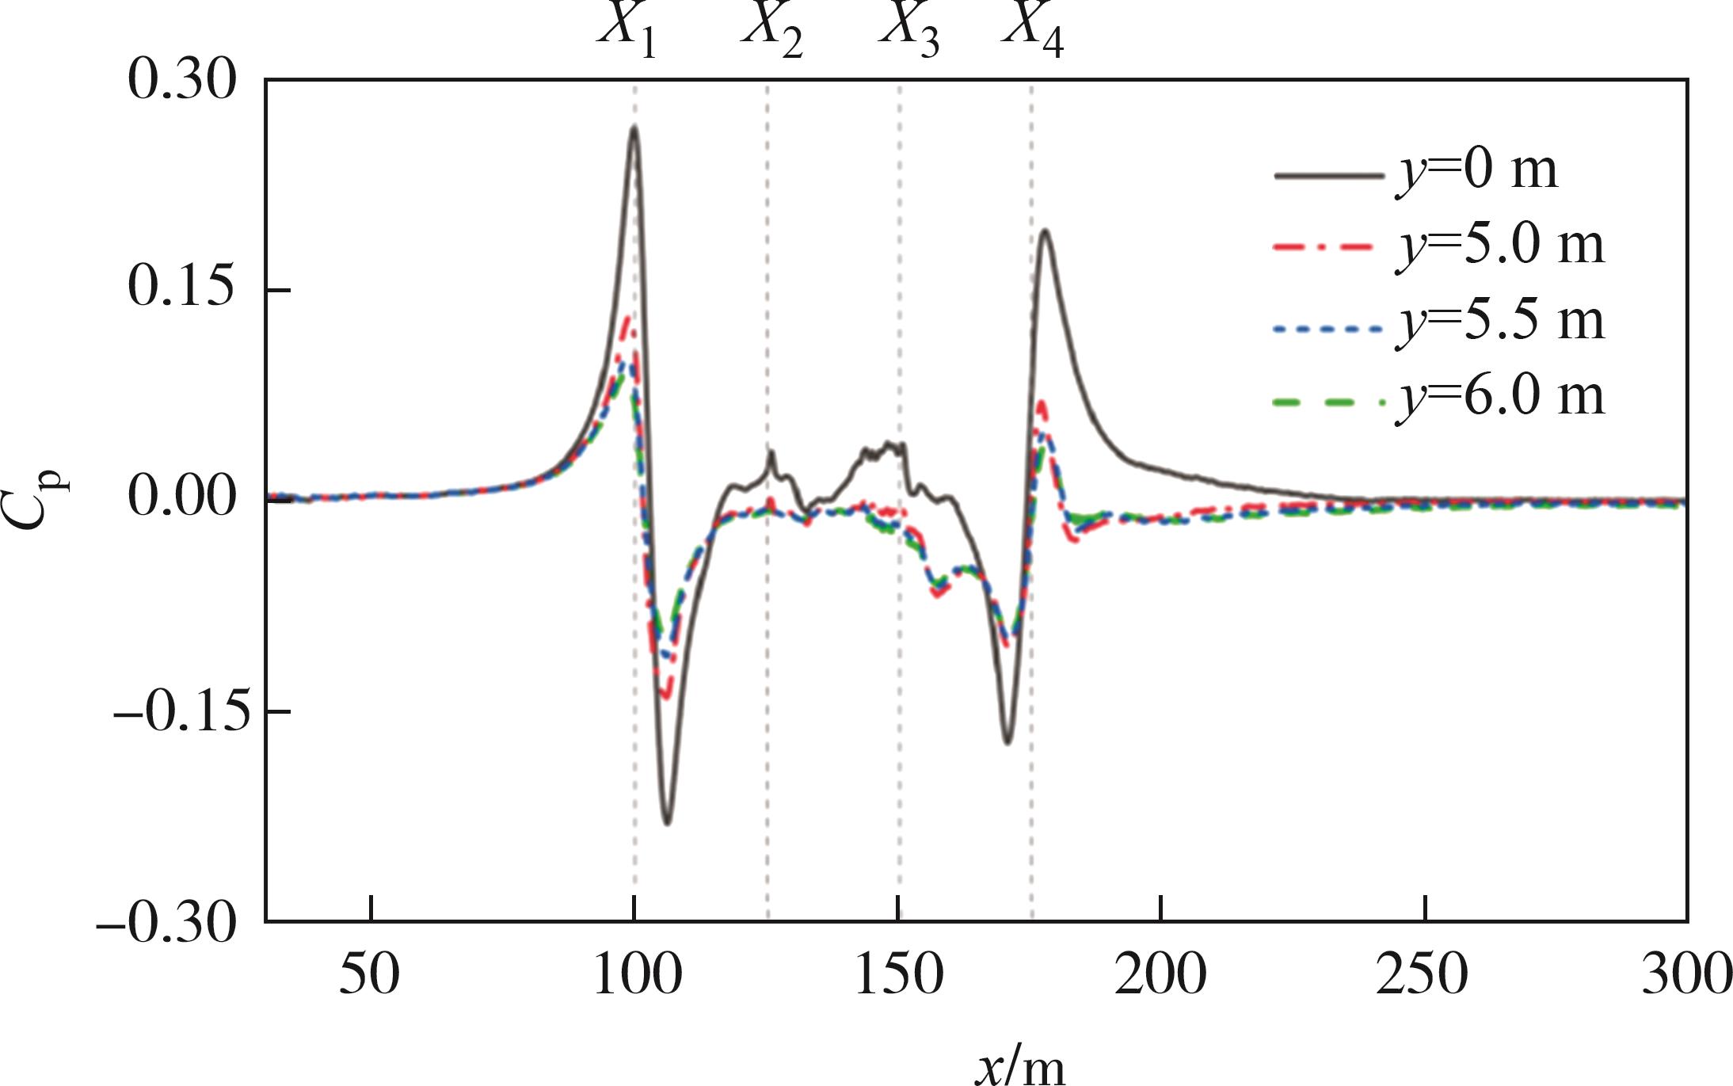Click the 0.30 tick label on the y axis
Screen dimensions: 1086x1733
181,82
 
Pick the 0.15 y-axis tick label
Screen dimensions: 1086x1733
181,289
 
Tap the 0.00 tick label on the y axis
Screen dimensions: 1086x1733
181,498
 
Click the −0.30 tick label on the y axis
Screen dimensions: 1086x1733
166,921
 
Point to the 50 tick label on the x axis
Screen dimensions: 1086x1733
369,975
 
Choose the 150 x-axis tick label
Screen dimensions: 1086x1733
898,975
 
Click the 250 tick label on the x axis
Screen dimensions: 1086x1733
1423,975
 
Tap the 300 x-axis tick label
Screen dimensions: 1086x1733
1685,975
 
